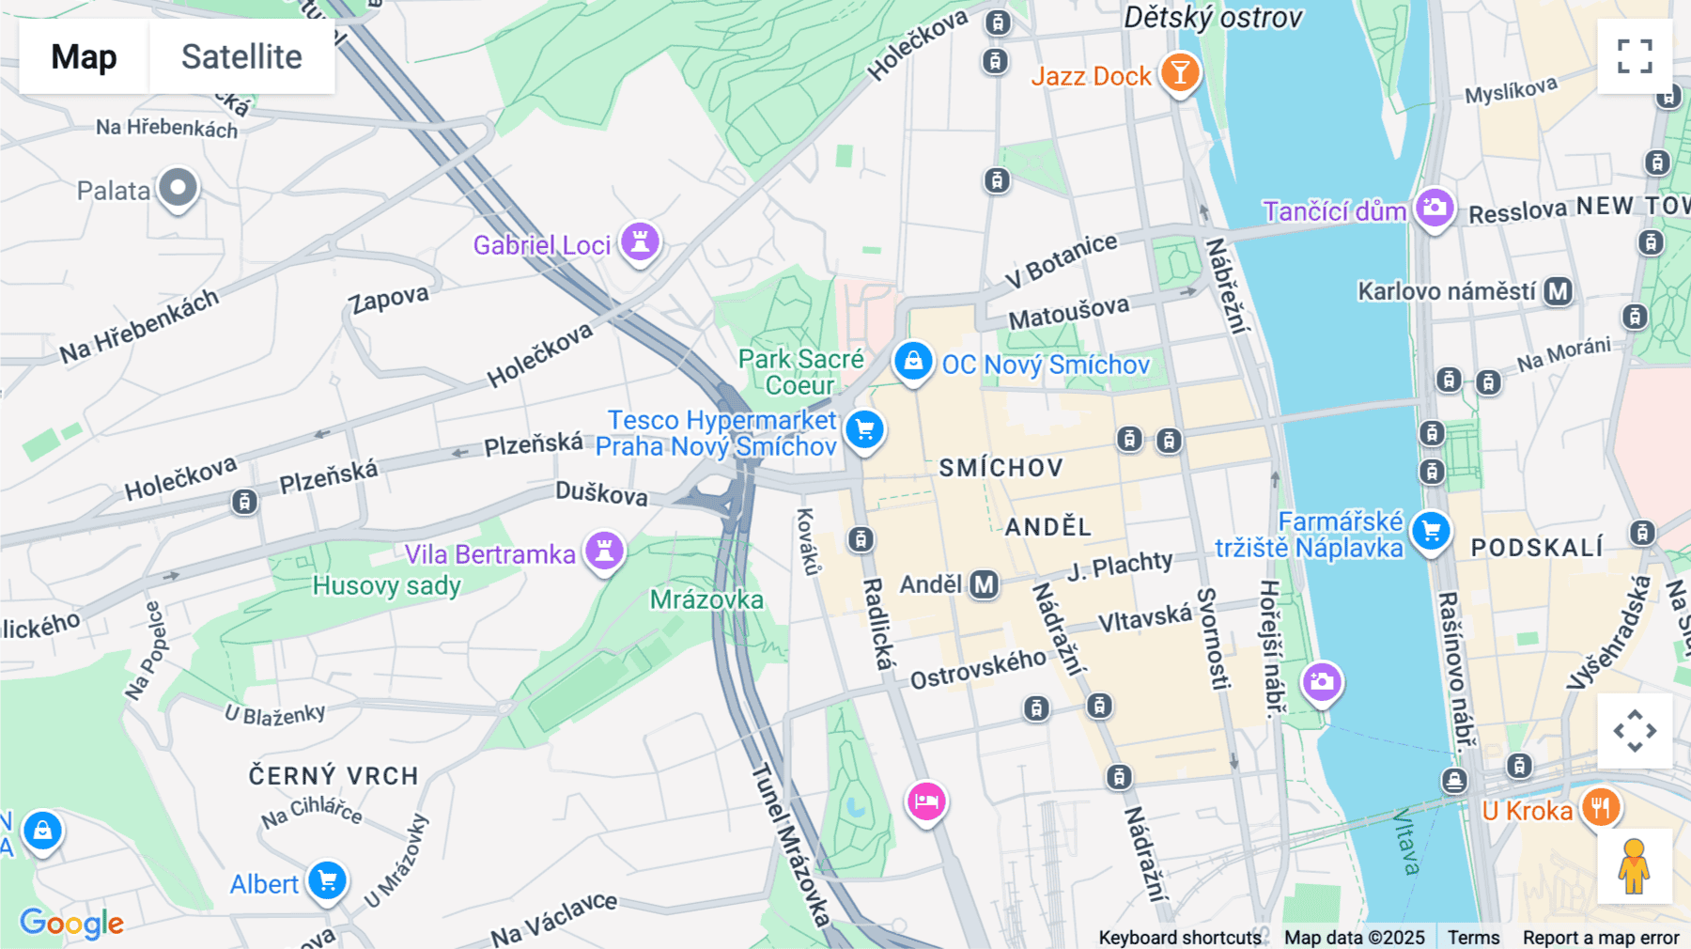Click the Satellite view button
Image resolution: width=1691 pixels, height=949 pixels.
[x=241, y=56]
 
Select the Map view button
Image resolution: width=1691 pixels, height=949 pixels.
[x=84, y=56]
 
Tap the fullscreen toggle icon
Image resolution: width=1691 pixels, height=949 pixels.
[x=1635, y=56]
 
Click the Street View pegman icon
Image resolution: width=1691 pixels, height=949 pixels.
[x=1634, y=865]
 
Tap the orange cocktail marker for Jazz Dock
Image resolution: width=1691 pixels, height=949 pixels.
[x=1179, y=72]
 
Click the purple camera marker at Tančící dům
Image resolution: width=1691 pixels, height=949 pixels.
[x=1434, y=208]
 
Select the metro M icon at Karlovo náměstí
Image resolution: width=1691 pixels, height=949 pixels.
[x=1559, y=291]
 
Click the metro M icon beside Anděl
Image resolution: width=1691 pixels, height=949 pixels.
[x=984, y=584]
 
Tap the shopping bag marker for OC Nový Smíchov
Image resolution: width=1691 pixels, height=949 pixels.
[x=912, y=361]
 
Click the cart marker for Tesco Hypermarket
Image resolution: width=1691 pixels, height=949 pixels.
[x=864, y=430]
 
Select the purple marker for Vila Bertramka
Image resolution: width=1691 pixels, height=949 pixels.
[x=604, y=551]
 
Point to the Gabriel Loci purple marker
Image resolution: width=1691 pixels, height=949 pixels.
[x=640, y=242]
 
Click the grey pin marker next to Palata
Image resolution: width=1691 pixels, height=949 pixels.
[x=178, y=188]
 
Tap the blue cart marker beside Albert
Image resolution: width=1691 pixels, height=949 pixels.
[x=327, y=881]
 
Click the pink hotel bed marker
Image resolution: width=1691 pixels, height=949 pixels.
[x=926, y=801]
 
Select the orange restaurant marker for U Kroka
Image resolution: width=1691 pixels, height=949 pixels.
[x=1600, y=807]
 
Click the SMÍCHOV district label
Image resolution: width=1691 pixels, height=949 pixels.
[x=1001, y=468]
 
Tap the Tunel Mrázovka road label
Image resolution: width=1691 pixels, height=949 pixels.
[x=790, y=846]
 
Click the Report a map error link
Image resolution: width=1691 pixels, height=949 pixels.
[x=1600, y=938]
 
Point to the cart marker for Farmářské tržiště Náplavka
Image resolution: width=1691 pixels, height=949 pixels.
[x=1431, y=532]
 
